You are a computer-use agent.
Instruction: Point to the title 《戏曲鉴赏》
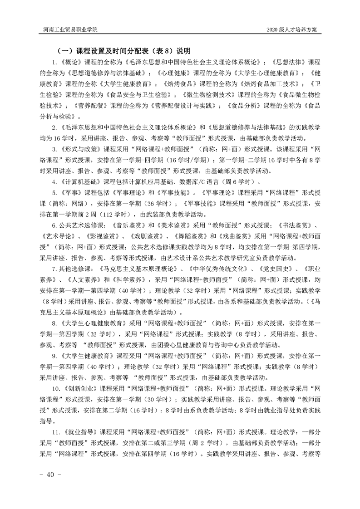[230, 236]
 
